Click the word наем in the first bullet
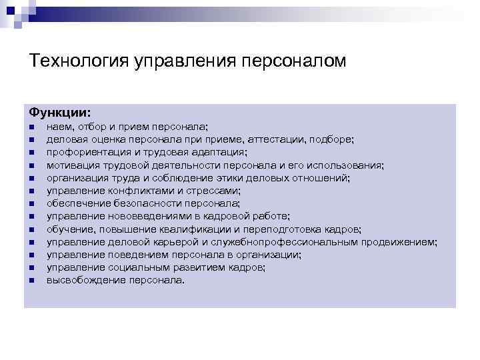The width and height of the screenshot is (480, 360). point(57,127)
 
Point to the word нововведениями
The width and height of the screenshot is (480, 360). point(139,216)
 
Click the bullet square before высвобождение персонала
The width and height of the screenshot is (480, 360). point(31,280)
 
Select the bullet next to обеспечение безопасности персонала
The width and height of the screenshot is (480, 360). point(31,204)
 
